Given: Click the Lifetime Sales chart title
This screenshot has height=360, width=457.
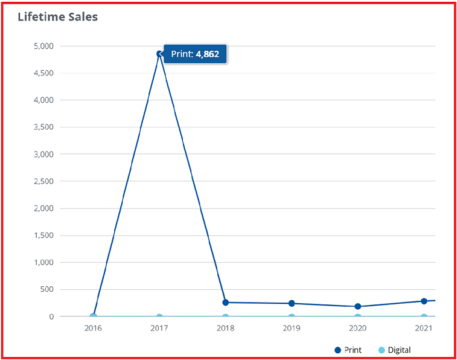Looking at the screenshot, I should [x=57, y=17].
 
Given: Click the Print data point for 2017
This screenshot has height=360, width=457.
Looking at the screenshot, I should [x=159, y=54].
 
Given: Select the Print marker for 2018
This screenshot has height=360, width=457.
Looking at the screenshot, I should [x=226, y=302].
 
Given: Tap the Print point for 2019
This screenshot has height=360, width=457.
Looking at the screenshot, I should [x=292, y=303].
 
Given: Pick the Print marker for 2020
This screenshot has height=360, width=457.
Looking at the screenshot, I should [x=358, y=306].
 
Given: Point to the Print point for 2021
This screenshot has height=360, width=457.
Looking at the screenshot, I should [x=424, y=301].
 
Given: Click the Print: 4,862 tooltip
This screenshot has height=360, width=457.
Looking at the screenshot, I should [x=195, y=54].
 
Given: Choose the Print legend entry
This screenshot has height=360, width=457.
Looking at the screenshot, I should [x=348, y=350].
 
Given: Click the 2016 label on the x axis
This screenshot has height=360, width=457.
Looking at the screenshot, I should [x=93, y=329].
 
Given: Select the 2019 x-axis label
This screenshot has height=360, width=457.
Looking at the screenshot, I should [x=292, y=329].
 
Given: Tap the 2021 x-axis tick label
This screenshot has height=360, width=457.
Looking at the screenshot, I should [x=424, y=329].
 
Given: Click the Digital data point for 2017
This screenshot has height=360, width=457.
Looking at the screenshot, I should [x=159, y=317].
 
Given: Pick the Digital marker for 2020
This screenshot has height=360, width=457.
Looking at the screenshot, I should [x=358, y=317].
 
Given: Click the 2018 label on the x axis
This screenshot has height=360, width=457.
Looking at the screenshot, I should [x=226, y=329].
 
